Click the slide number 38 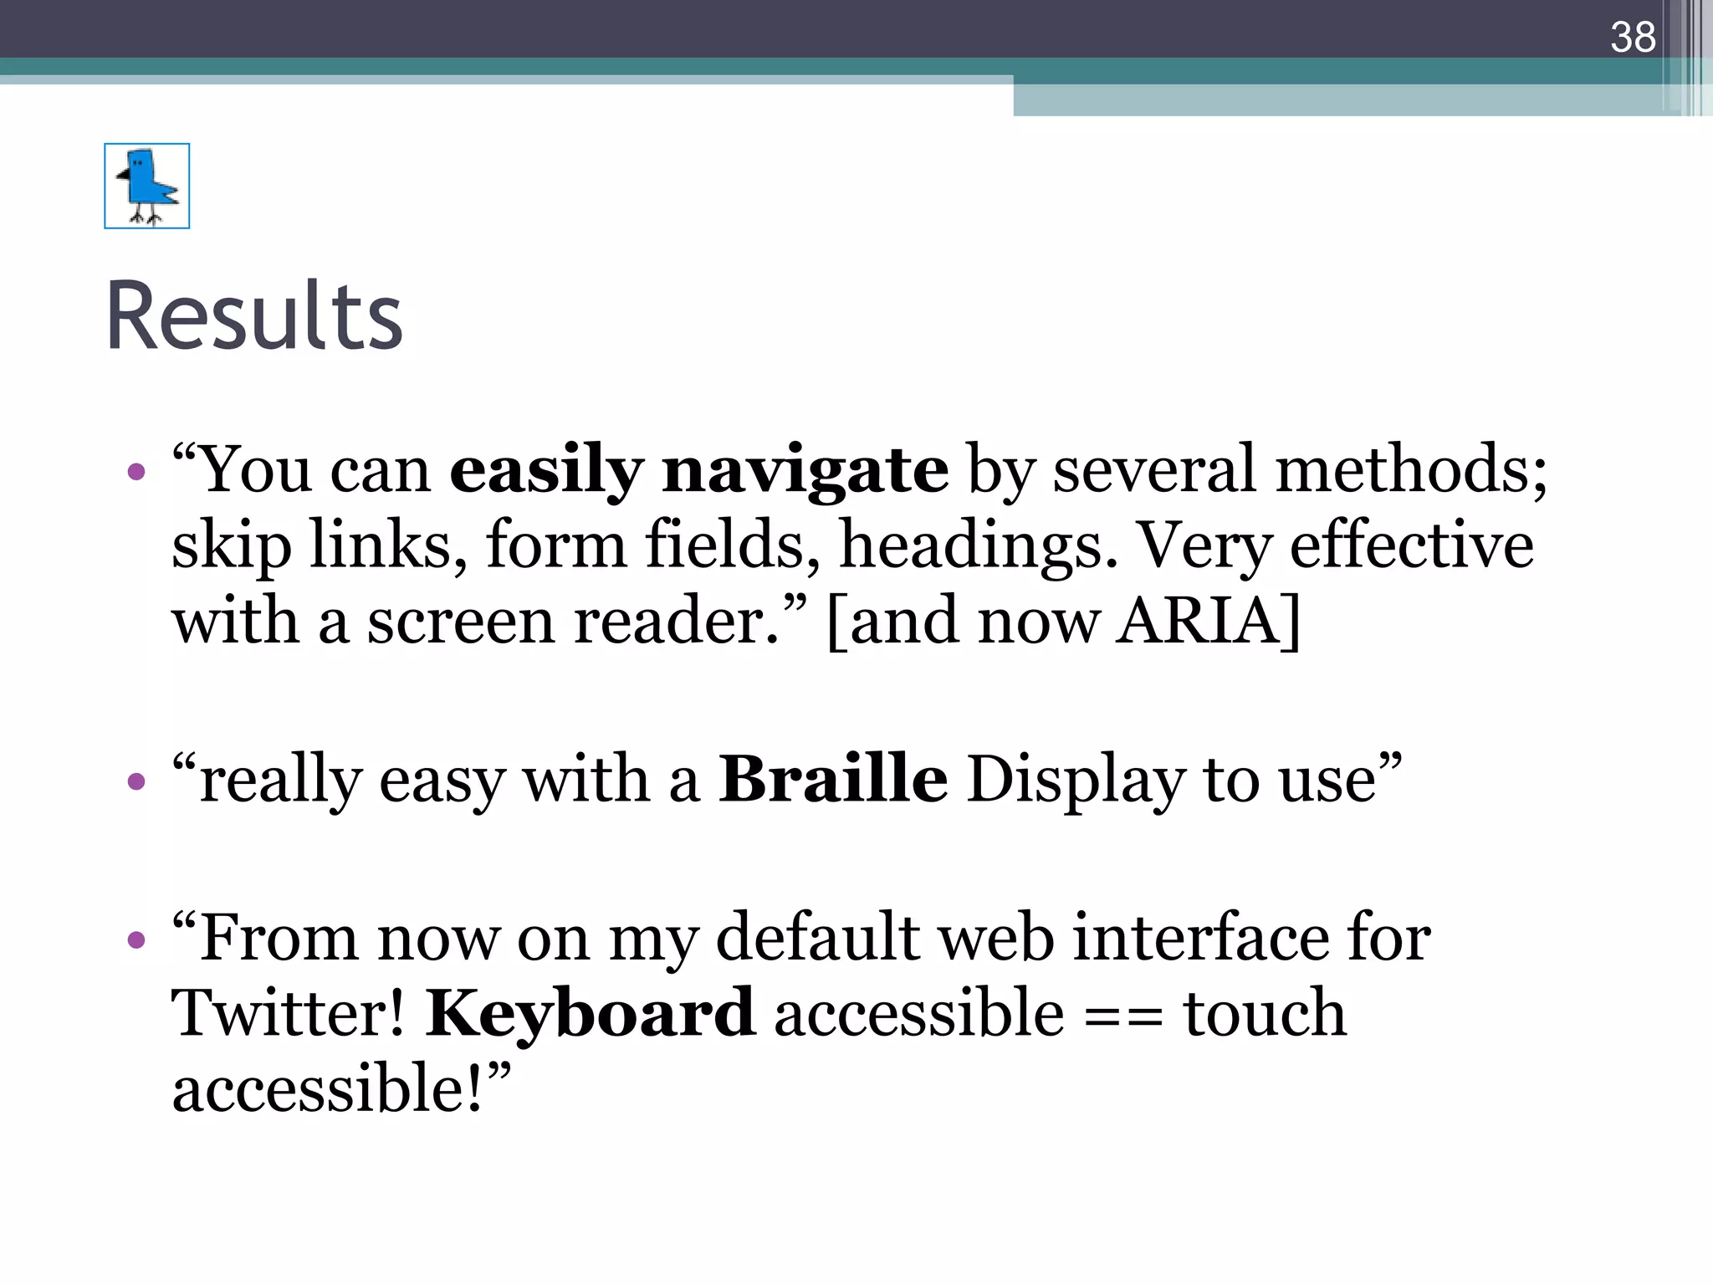tap(1633, 37)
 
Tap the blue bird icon tap(147, 186)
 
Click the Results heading tap(254, 316)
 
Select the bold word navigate tap(805, 470)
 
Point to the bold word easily tap(546, 470)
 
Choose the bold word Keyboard tap(590, 1013)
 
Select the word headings tap(978, 545)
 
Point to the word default tap(818, 937)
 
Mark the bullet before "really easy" tap(136, 782)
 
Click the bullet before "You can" tap(136, 473)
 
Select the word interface tap(1199, 937)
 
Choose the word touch tap(1264, 1013)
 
